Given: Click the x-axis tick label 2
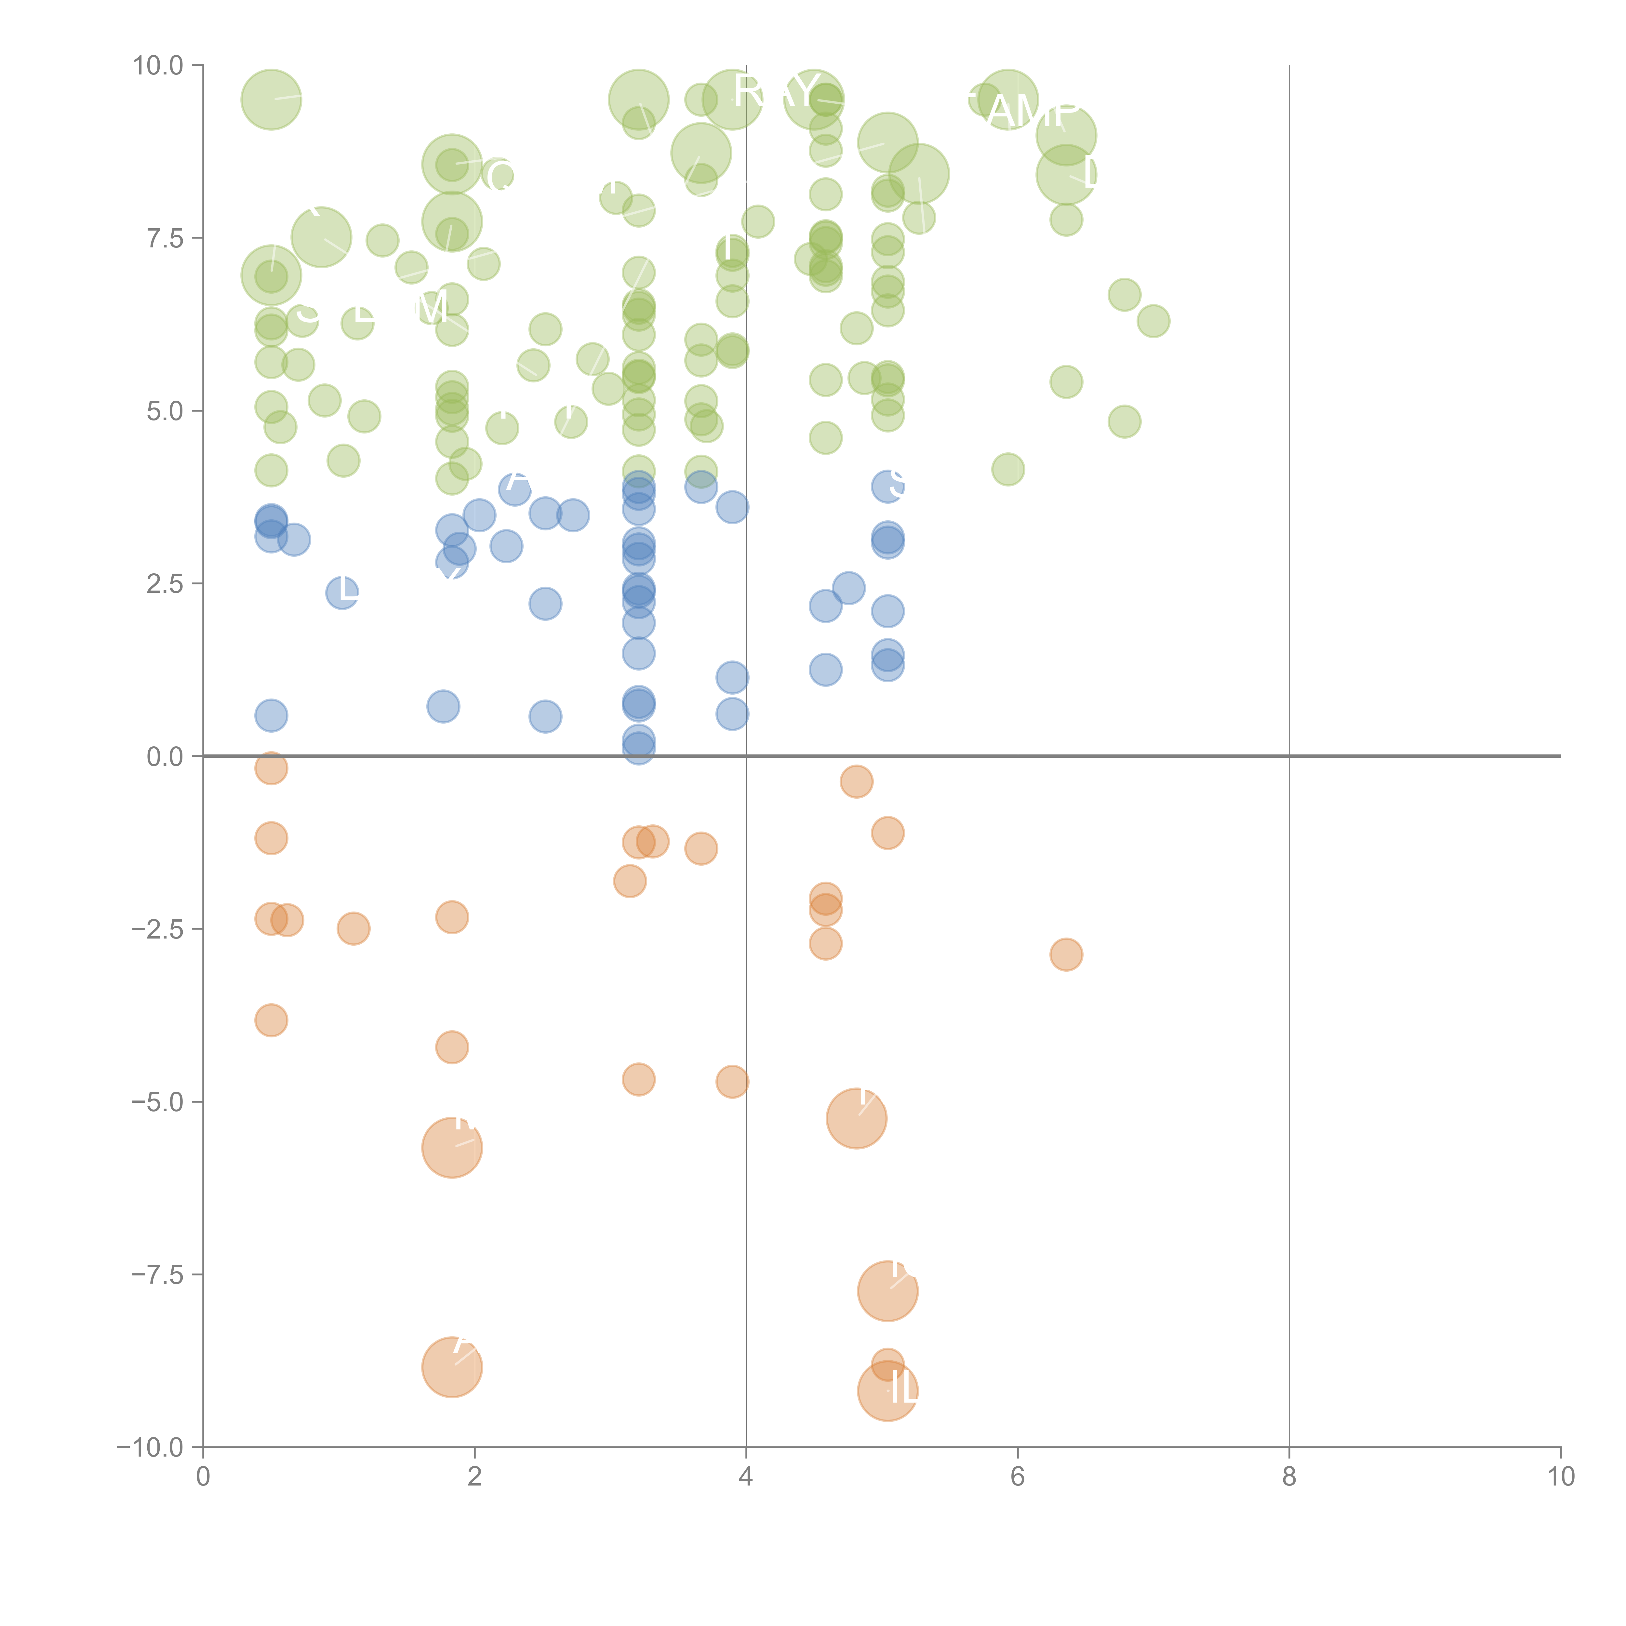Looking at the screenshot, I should tap(475, 1477).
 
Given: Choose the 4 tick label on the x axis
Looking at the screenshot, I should tap(746, 1477).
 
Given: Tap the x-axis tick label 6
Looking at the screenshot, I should tap(1018, 1477).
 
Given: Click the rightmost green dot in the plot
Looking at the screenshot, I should tap(1153, 321).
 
